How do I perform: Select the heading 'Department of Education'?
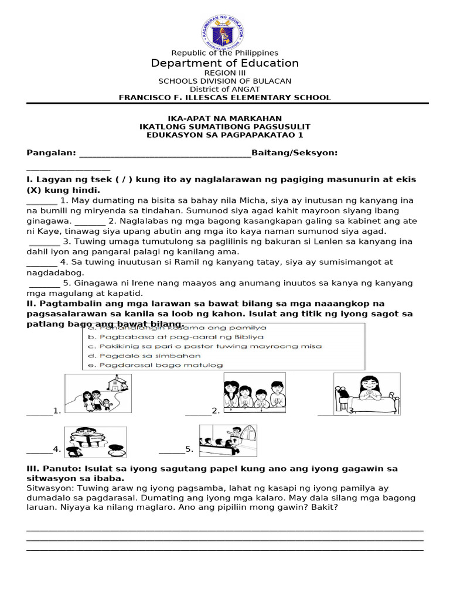click(224, 63)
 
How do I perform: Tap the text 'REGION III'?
click(224, 73)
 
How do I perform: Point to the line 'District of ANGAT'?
click(224, 89)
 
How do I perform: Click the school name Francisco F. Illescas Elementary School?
click(224, 98)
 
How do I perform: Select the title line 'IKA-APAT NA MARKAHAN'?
click(224, 118)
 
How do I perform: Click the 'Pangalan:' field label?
click(52, 153)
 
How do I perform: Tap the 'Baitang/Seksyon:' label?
click(294, 153)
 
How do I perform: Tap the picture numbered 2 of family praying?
click(254, 393)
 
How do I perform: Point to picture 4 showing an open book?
click(95, 441)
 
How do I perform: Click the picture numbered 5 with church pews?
click(227, 441)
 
